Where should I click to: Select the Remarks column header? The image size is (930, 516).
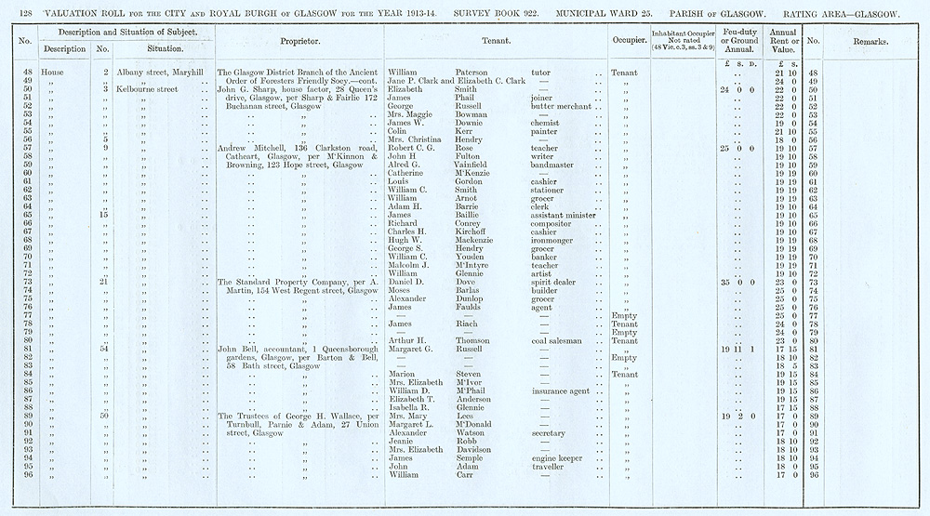coord(870,42)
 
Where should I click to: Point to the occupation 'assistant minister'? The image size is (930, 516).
coord(567,216)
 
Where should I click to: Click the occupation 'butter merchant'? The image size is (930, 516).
coord(567,106)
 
